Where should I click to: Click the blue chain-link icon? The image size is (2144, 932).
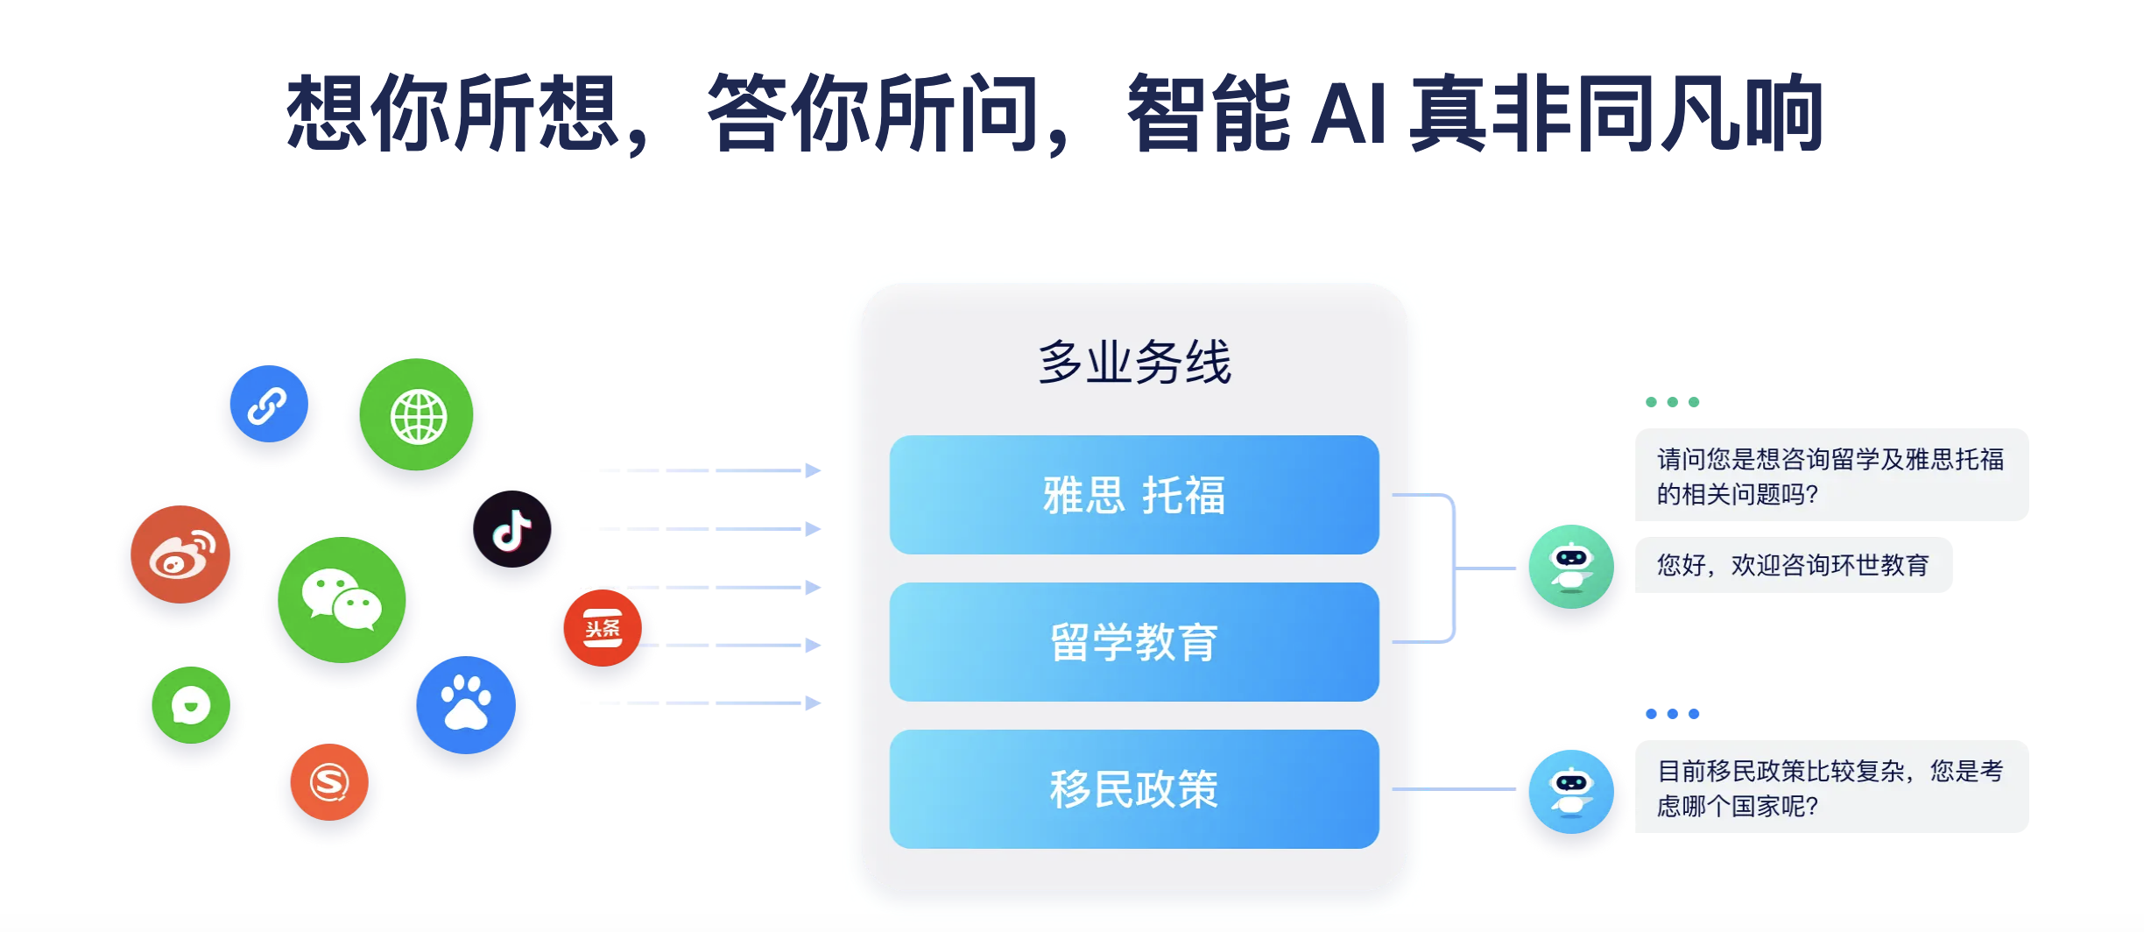pos(269,404)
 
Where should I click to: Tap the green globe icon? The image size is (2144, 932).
pos(416,414)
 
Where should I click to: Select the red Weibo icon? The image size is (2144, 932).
pos(180,554)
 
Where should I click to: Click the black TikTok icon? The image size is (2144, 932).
pos(512,529)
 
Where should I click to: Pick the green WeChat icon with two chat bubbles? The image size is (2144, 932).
pos(342,600)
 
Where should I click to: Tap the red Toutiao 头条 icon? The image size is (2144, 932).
pos(603,628)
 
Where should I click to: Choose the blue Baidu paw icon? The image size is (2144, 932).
pos(466,705)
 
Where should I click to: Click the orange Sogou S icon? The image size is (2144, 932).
pos(329,782)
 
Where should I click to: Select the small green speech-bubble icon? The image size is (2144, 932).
pos(191,705)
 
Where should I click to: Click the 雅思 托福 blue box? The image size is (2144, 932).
pos(1134,495)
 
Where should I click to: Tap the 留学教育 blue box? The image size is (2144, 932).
pos(1134,642)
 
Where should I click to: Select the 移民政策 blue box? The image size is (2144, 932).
pos(1134,789)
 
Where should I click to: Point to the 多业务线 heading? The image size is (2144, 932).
pos(1134,362)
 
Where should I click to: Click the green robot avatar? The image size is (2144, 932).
pos(1571,567)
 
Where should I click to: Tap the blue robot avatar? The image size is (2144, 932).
pos(1571,792)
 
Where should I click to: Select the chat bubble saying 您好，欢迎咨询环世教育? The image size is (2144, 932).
pos(1793,565)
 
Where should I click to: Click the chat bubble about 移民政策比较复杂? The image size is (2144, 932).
pos(1831,787)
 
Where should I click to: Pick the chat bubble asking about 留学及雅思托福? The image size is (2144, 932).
pos(1831,475)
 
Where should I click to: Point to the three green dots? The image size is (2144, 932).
pos(1673,402)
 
